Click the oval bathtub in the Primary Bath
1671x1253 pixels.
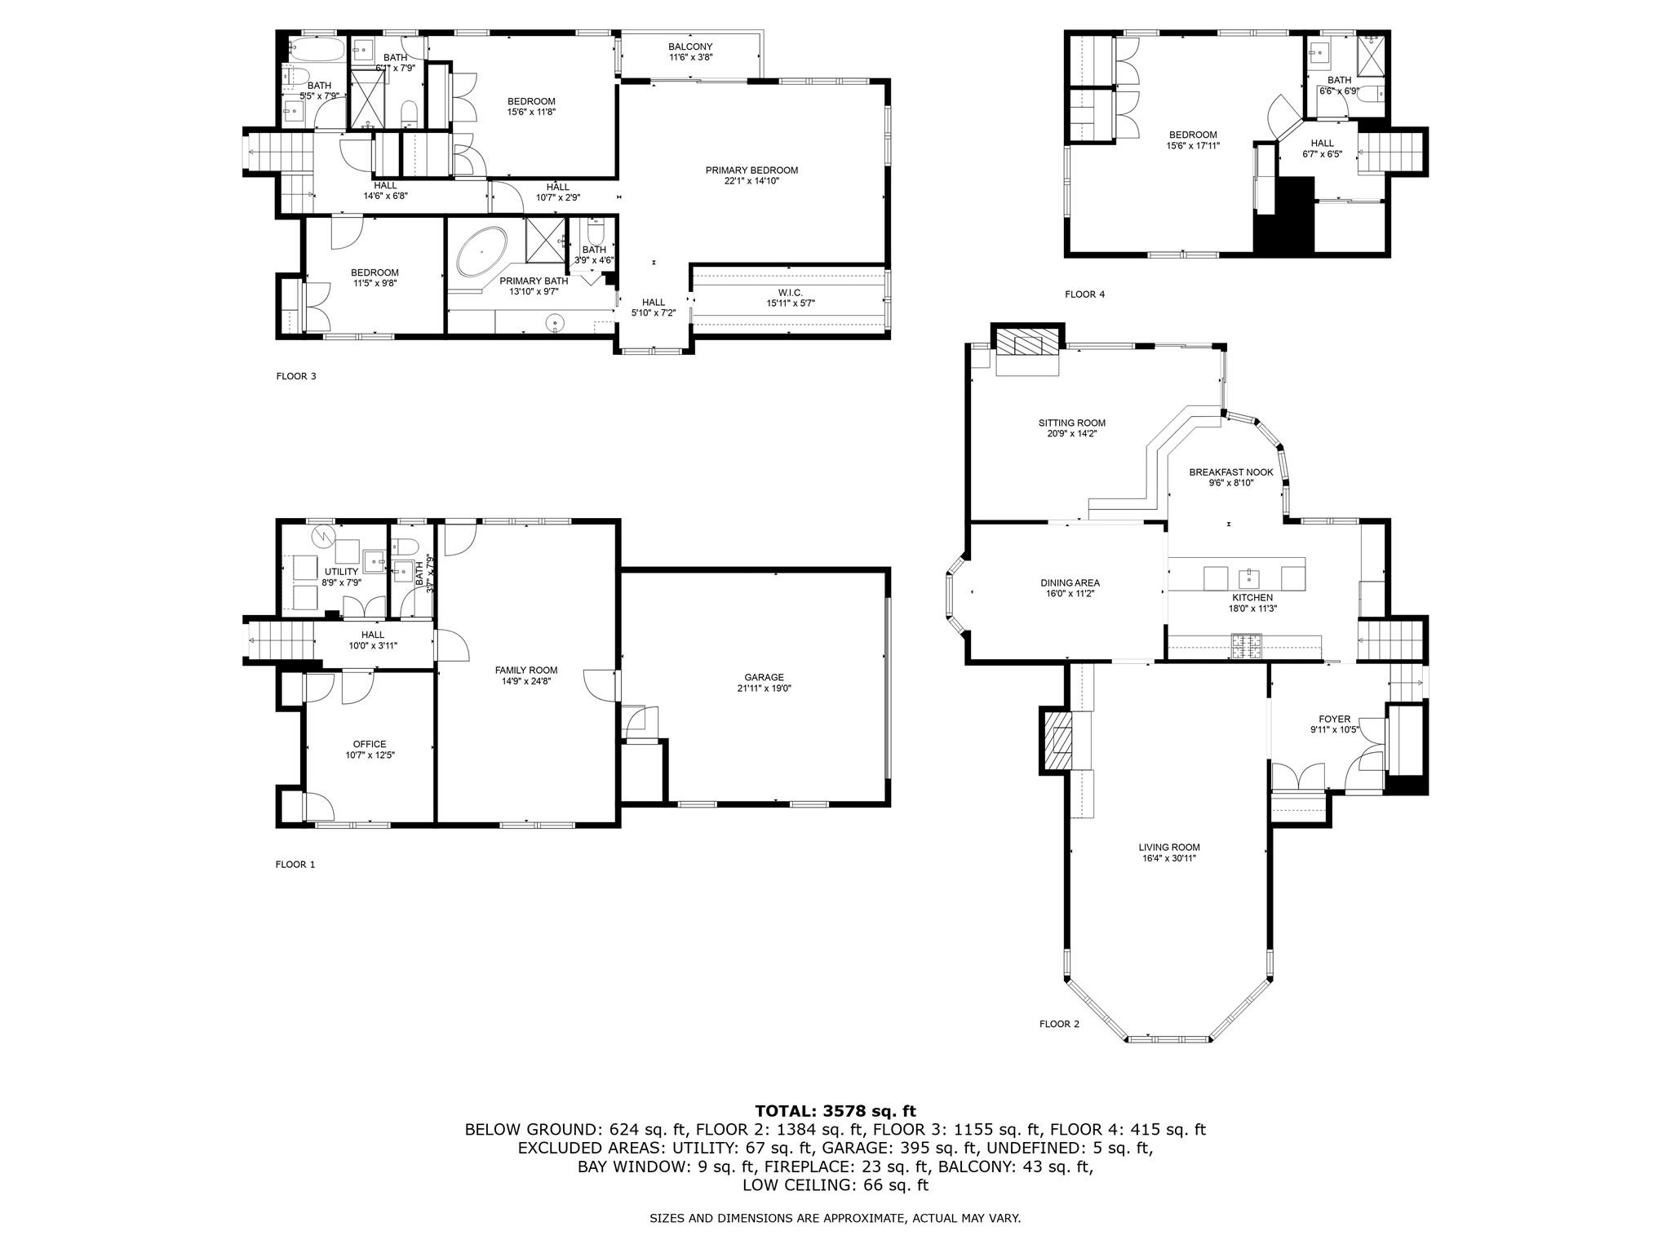coord(482,252)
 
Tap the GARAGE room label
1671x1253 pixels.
coord(764,677)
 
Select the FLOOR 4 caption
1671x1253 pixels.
coord(1084,294)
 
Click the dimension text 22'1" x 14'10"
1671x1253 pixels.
coord(751,181)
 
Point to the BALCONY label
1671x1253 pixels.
coord(690,46)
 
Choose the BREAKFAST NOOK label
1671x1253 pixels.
coord(1230,472)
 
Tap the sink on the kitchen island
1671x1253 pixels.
coord(1249,578)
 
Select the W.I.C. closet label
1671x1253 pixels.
coord(790,292)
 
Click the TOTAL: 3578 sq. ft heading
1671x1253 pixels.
coord(835,1111)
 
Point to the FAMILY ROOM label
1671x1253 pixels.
coord(526,670)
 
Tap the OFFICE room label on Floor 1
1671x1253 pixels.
coord(370,744)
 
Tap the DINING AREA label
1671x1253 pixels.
coord(1070,582)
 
